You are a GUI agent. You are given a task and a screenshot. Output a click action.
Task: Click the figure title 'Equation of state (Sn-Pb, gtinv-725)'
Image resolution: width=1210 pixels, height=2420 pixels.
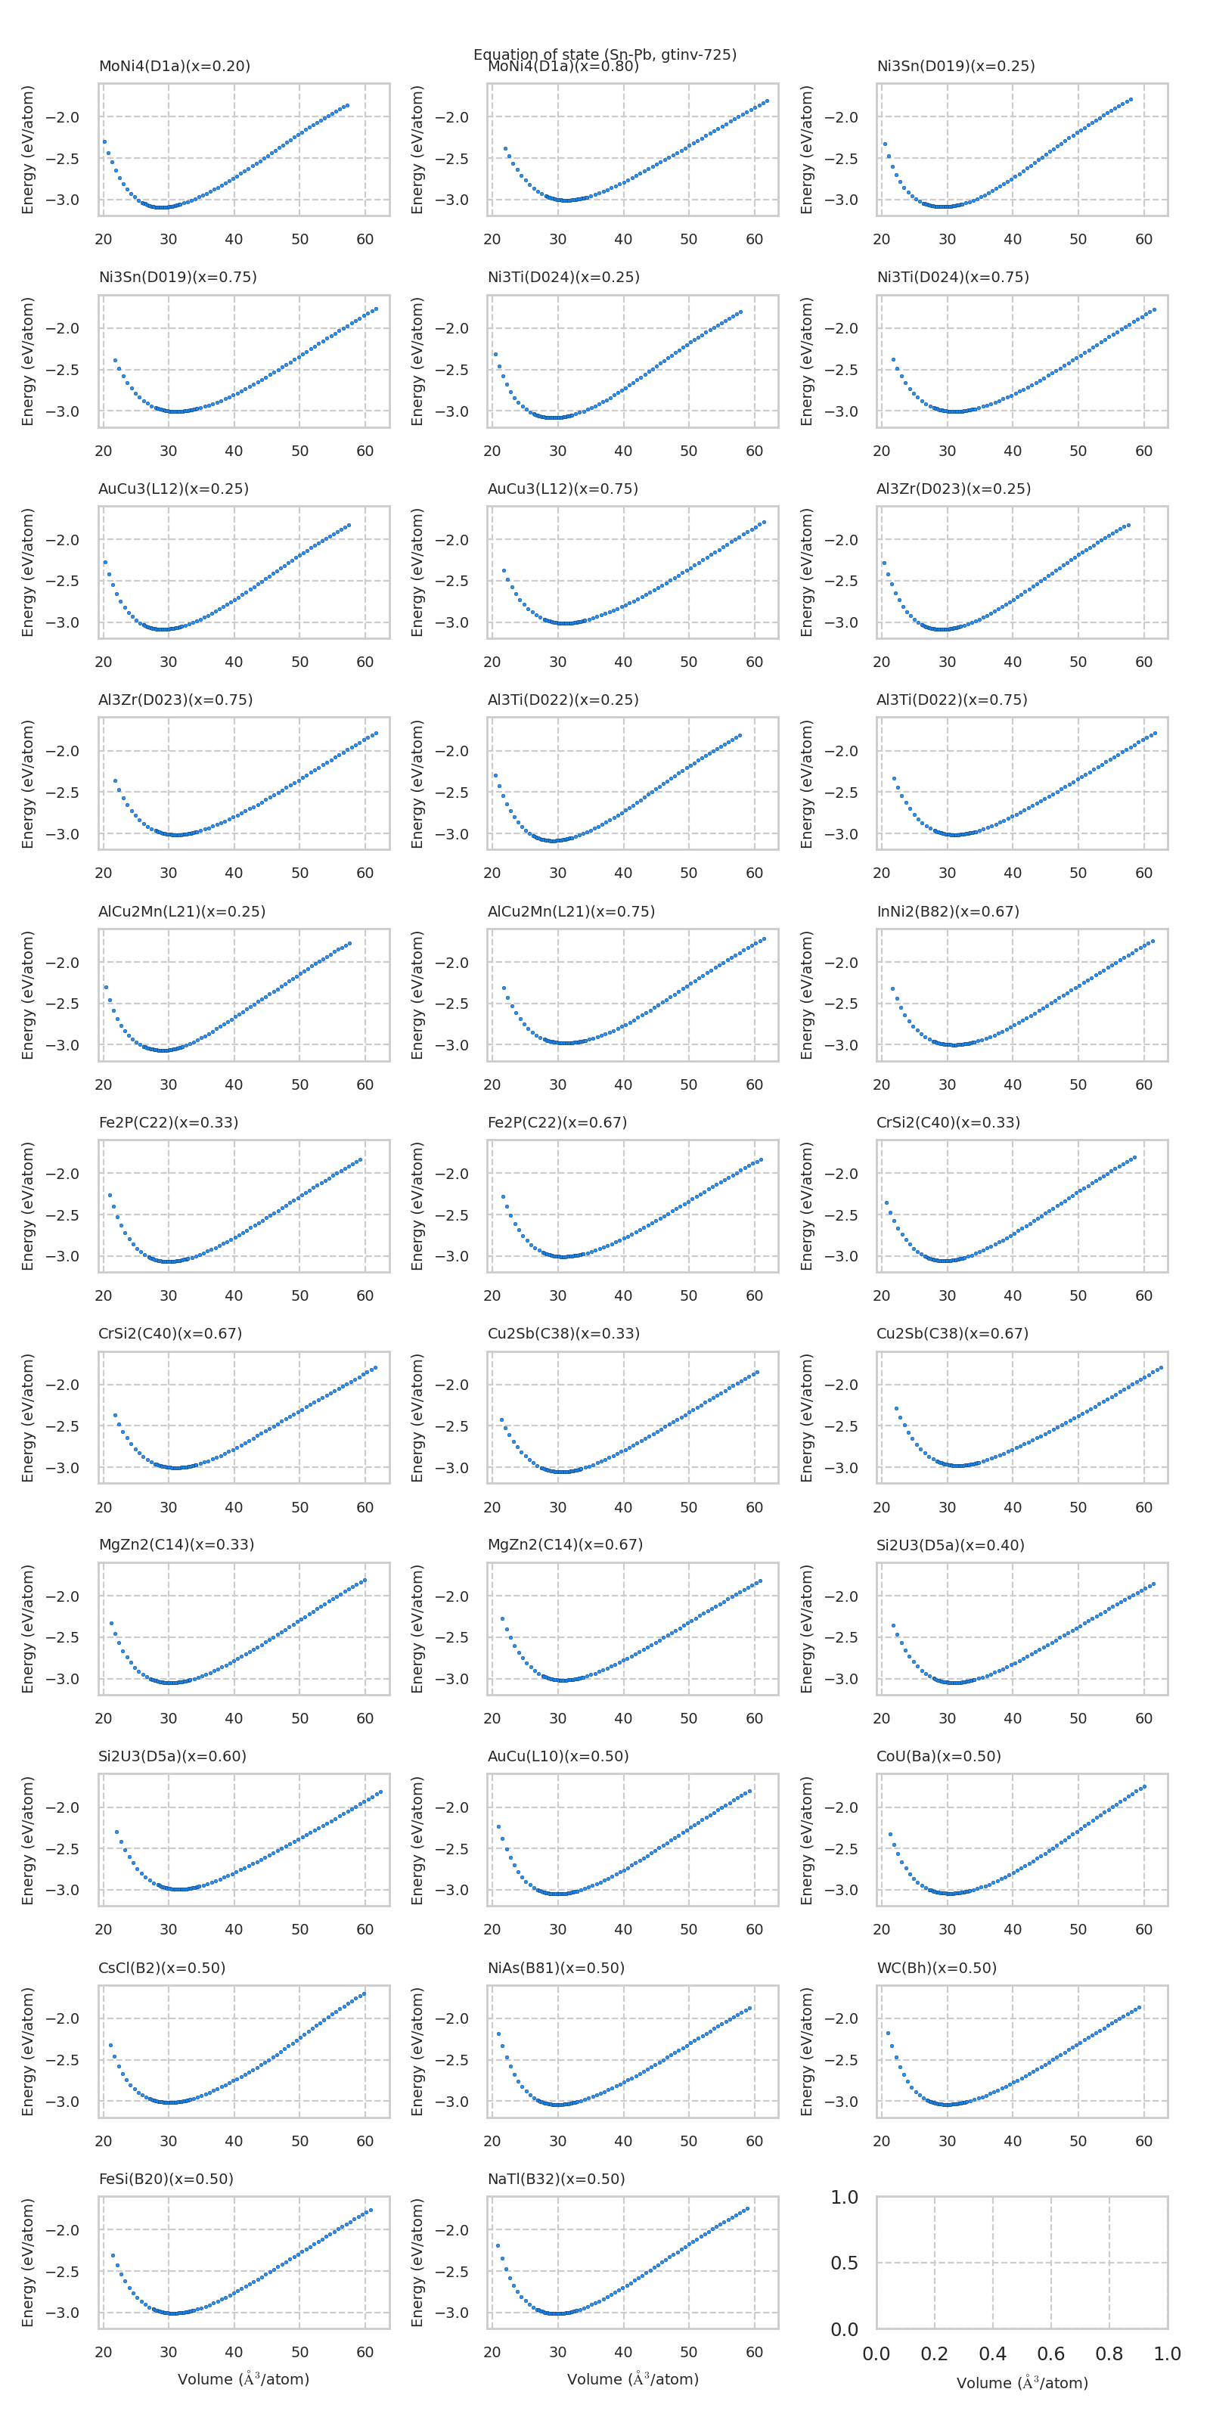click(x=604, y=54)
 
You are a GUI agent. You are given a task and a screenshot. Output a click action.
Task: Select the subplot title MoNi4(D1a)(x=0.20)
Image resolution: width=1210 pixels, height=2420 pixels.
click(x=174, y=66)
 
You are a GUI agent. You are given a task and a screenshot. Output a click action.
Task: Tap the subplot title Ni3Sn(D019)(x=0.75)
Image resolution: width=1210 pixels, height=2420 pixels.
click(x=178, y=277)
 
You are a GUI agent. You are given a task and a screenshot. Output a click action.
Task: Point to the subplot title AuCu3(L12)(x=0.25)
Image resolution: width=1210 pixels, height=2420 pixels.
click(x=173, y=489)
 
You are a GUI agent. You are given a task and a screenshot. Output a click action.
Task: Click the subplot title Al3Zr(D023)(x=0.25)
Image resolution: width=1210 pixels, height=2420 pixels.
click(x=953, y=489)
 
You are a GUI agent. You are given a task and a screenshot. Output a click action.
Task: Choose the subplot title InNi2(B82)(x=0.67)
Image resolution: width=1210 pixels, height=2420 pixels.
click(x=947, y=911)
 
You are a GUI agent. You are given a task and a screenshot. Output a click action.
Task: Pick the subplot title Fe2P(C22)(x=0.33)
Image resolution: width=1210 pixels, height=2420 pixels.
click(x=168, y=1122)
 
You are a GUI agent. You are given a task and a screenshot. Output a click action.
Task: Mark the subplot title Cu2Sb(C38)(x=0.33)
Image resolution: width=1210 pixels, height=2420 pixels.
click(x=563, y=1333)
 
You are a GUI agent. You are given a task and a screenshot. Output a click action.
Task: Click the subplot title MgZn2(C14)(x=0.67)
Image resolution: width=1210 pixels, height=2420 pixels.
click(x=565, y=1544)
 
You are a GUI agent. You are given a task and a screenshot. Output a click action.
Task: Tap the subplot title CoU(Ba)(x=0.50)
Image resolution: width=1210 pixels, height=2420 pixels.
click(x=938, y=1756)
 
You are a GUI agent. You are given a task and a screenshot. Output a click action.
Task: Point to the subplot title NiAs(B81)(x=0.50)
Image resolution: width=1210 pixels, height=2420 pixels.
click(x=555, y=1967)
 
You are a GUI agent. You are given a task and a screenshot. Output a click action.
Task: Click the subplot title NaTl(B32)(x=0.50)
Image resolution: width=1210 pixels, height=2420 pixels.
click(x=555, y=2179)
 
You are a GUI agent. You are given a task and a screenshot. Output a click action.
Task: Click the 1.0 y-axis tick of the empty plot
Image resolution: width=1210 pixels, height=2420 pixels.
click(x=844, y=2198)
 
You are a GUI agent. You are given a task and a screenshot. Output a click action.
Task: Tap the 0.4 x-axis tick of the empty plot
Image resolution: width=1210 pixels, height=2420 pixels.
click(x=992, y=2353)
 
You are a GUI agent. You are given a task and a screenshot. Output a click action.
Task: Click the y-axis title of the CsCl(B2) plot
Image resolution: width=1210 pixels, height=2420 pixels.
click(x=28, y=2052)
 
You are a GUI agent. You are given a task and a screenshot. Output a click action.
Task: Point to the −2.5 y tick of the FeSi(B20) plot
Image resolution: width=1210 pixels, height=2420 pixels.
click(x=64, y=2272)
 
